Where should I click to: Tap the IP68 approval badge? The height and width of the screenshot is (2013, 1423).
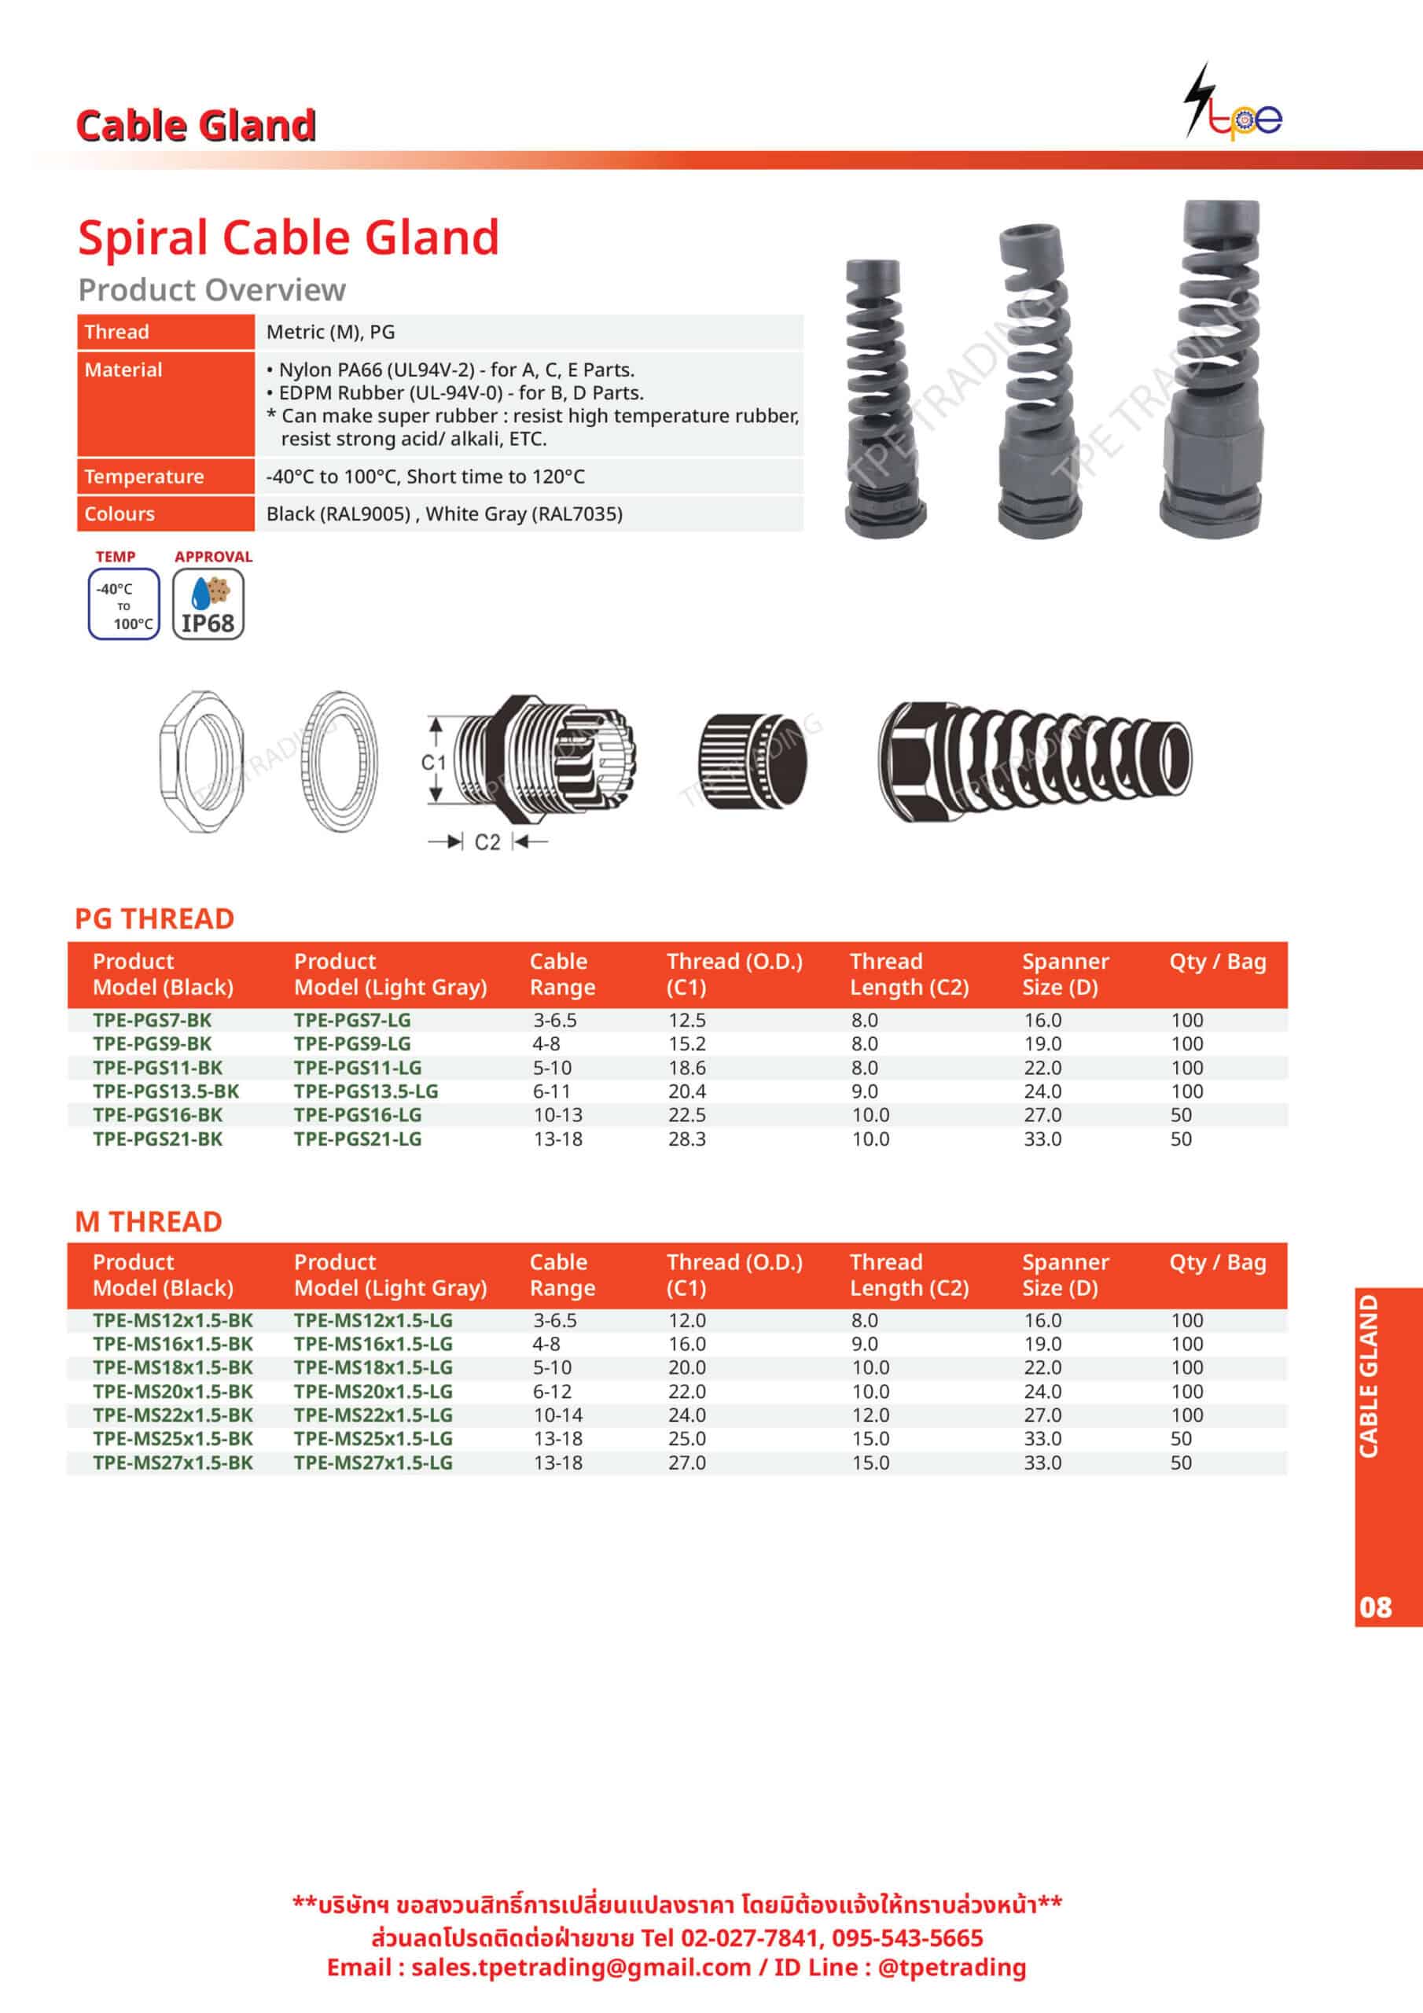[x=208, y=603]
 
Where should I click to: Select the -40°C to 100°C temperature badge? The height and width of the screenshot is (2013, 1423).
[x=123, y=604]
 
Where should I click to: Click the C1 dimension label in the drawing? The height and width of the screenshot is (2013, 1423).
[x=433, y=762]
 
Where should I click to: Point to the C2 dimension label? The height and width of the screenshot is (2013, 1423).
[x=487, y=841]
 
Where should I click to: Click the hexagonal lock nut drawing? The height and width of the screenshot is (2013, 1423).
[x=202, y=760]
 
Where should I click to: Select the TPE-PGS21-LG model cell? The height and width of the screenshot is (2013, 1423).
[x=358, y=1138]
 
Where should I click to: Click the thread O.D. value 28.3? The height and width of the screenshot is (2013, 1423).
[x=686, y=1138]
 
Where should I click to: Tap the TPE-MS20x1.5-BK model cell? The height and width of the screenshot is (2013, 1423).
[x=173, y=1390]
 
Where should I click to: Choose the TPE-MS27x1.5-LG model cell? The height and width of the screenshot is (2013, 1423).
[x=373, y=1462]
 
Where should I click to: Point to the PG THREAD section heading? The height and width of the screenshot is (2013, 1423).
[x=154, y=918]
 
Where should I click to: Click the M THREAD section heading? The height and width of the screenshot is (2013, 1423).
[x=148, y=1220]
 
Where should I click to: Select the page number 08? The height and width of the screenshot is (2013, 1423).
[x=1375, y=1606]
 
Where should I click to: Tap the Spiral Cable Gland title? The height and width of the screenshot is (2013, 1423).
[x=289, y=237]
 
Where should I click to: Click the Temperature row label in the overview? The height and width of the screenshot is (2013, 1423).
[x=144, y=476]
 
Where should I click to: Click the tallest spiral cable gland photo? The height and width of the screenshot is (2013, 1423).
[x=1212, y=368]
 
